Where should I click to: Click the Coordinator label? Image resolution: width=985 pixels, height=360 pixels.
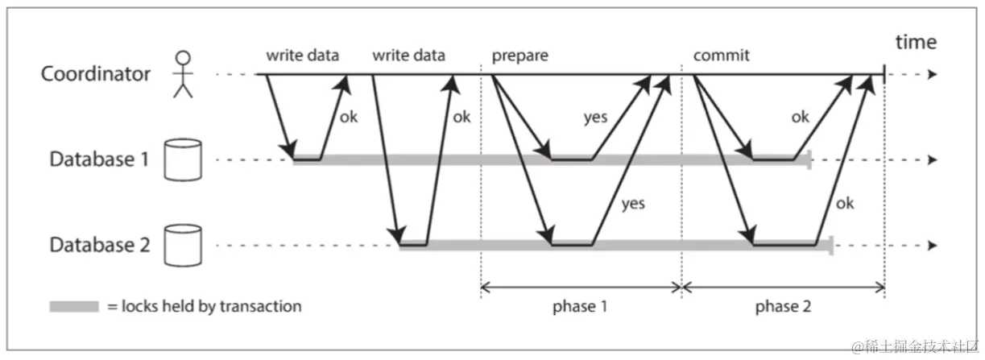coord(96,75)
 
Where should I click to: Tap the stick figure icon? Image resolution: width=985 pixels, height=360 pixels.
coord(184,73)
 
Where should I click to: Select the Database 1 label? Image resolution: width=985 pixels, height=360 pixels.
coord(100,159)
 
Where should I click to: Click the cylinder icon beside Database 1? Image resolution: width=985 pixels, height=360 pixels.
coord(182,159)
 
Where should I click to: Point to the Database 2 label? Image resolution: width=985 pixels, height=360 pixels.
coord(100,245)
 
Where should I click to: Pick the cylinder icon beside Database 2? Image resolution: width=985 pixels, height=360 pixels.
coord(182,246)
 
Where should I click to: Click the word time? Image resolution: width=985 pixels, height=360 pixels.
coord(915,42)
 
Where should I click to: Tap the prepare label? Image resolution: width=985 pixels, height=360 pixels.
coord(519,56)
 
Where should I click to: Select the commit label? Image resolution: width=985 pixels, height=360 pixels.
coord(721,56)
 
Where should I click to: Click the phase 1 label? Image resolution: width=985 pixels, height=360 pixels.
coord(581,307)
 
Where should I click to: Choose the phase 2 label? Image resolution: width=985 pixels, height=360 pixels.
coord(783,307)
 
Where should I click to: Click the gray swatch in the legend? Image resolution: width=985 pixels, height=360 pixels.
coord(73,307)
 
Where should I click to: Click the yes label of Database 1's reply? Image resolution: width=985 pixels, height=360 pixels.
coord(595,118)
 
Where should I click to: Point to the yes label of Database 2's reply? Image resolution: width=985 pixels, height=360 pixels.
coord(633,203)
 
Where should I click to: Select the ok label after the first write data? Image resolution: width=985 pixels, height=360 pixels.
coord(349,117)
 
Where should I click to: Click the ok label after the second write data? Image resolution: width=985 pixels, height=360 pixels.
coord(461,117)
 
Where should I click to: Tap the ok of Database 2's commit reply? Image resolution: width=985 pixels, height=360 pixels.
coord(844,203)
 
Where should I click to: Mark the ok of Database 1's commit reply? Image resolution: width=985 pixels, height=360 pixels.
coord(800,118)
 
